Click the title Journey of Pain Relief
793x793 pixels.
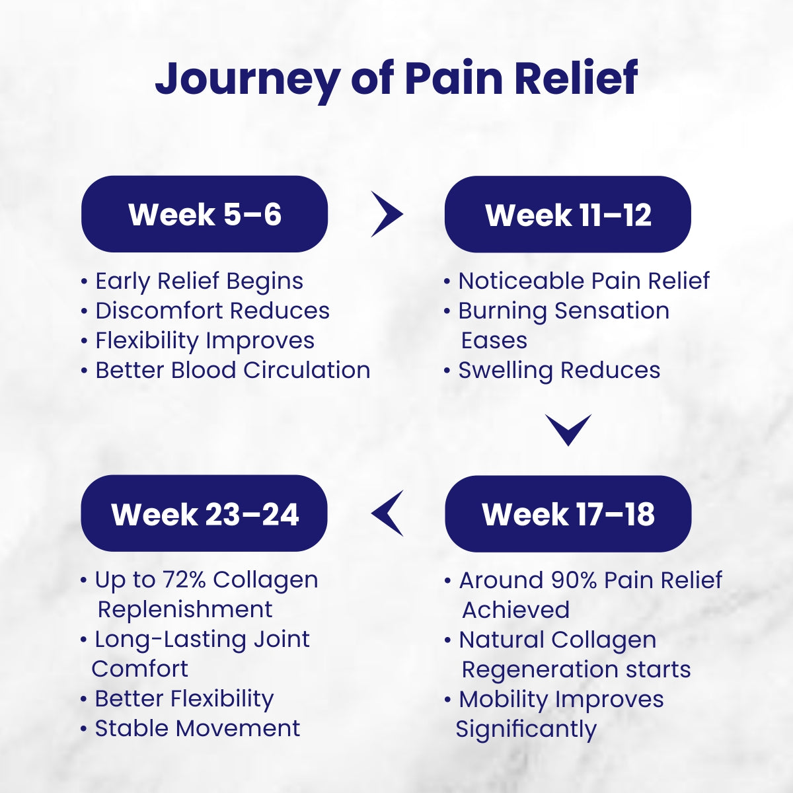coord(397,78)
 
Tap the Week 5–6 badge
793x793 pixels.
coord(204,214)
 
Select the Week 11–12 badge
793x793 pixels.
coord(568,214)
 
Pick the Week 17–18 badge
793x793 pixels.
coord(568,514)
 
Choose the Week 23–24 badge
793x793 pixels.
coord(204,514)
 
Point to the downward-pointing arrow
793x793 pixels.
coord(568,430)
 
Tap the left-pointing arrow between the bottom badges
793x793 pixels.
coord(387,514)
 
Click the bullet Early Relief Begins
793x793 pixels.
coord(198,281)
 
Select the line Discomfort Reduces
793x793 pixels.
coord(211,311)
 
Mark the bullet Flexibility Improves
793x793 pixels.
coord(204,340)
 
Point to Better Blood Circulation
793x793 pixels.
coord(232,370)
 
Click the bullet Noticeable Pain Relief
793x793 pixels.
coord(583,281)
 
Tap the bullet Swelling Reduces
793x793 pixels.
coord(558,370)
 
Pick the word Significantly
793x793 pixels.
coord(526,729)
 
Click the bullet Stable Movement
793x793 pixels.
coord(197,728)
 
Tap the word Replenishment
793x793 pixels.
coord(184,609)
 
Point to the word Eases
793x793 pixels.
coord(494,340)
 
